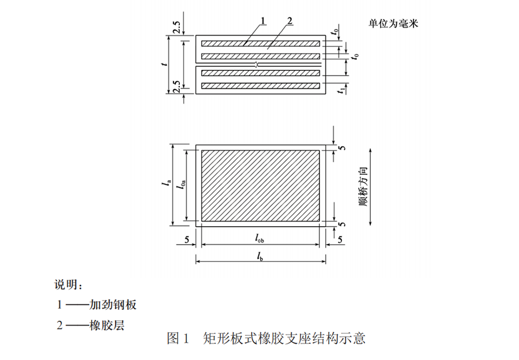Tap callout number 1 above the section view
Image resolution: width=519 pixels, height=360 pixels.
[x=262, y=21]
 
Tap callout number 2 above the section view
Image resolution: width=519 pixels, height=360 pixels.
[x=288, y=21]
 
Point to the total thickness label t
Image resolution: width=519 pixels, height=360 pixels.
[x=164, y=65]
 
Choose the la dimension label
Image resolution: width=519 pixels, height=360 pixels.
[x=165, y=185]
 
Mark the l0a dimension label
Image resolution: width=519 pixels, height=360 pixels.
[x=180, y=185]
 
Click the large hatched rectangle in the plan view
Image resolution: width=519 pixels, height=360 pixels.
[x=260, y=185]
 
